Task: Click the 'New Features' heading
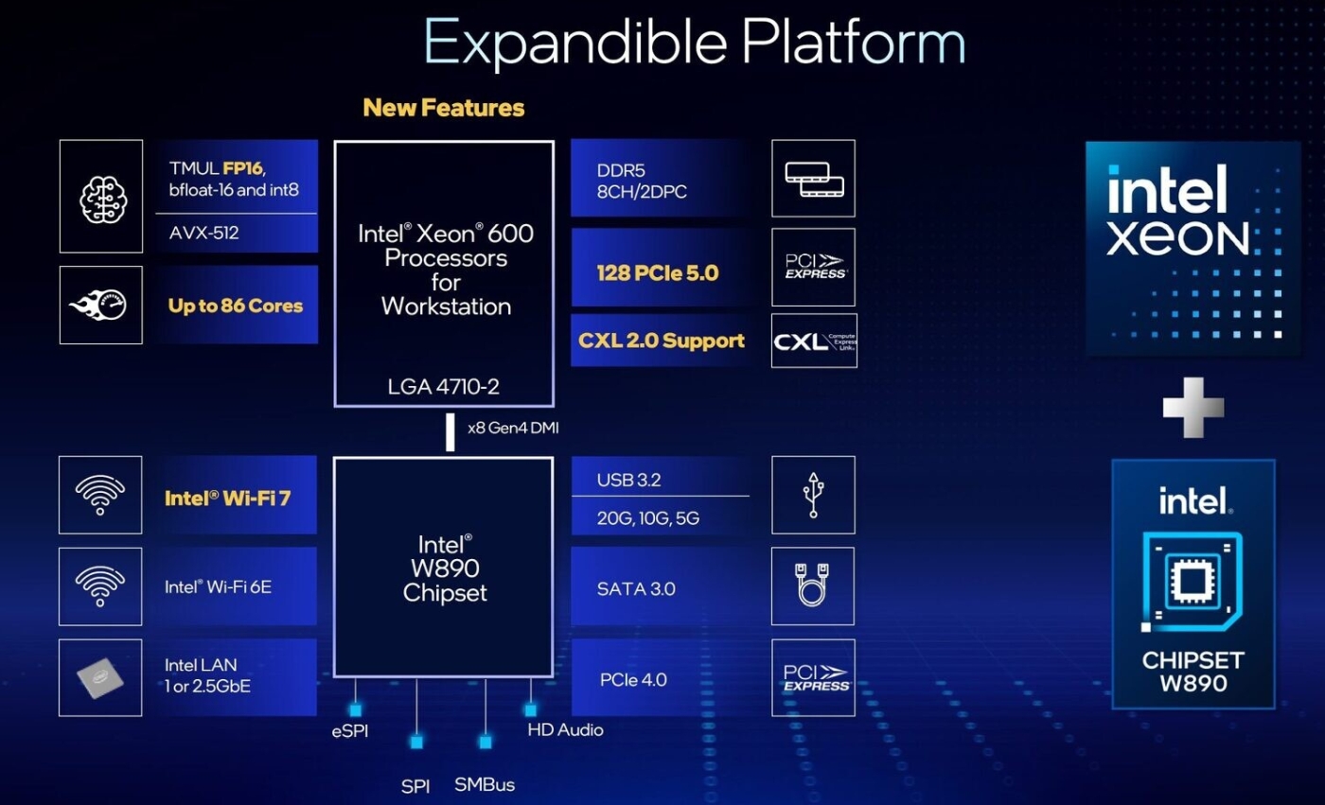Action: (443, 108)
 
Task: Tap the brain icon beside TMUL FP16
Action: (100, 196)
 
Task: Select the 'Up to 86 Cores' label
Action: (236, 306)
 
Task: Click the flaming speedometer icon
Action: (100, 305)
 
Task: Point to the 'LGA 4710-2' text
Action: (443, 387)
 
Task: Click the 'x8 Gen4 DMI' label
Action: (513, 428)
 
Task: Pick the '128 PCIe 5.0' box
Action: (658, 273)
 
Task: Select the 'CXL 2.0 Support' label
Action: (662, 341)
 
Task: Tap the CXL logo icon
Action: (814, 341)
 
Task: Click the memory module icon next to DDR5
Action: (814, 179)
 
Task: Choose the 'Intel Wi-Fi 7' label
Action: (227, 498)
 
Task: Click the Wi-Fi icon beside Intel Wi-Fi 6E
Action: (100, 586)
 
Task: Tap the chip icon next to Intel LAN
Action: (100, 677)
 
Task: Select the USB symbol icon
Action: (813, 495)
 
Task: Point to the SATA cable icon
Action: (813, 586)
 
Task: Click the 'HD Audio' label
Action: (565, 729)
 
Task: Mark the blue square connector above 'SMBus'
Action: (486, 743)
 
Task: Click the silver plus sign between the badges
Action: (1192, 408)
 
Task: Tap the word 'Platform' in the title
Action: (854, 42)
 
